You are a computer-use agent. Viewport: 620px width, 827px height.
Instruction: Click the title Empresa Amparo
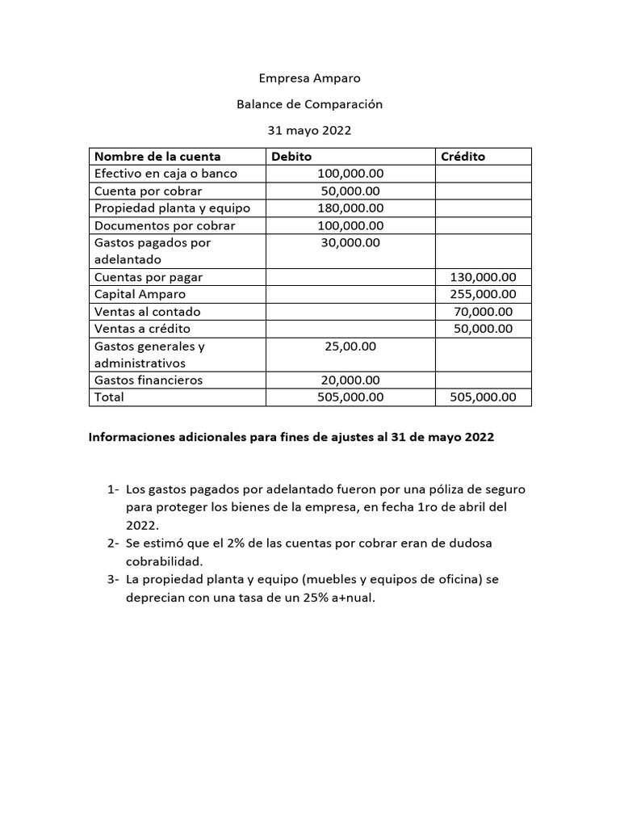(x=309, y=78)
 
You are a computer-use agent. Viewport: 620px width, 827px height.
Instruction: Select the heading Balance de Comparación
(x=309, y=104)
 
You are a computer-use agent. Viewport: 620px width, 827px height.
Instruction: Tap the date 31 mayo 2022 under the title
(x=309, y=130)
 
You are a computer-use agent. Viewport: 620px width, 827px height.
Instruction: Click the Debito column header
(x=291, y=157)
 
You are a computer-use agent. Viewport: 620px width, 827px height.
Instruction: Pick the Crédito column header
(x=463, y=157)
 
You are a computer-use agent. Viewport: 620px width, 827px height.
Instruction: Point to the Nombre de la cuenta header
(x=157, y=157)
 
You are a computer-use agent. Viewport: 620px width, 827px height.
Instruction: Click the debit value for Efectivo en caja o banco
(x=350, y=174)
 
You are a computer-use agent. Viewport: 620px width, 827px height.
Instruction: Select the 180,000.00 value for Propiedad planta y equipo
(x=350, y=208)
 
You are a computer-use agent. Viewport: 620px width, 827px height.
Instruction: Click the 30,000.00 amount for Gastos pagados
(x=350, y=242)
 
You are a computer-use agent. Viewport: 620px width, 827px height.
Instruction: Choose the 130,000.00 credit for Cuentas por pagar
(x=483, y=277)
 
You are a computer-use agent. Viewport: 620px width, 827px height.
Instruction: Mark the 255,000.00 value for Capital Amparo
(x=483, y=295)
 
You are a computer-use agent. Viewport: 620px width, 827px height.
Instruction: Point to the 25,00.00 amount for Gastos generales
(x=350, y=346)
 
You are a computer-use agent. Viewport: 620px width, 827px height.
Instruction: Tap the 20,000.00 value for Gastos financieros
(x=350, y=380)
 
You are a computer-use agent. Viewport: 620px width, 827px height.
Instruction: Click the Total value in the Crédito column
(x=483, y=397)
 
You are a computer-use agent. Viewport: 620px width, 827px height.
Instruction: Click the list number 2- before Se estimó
(x=113, y=544)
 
